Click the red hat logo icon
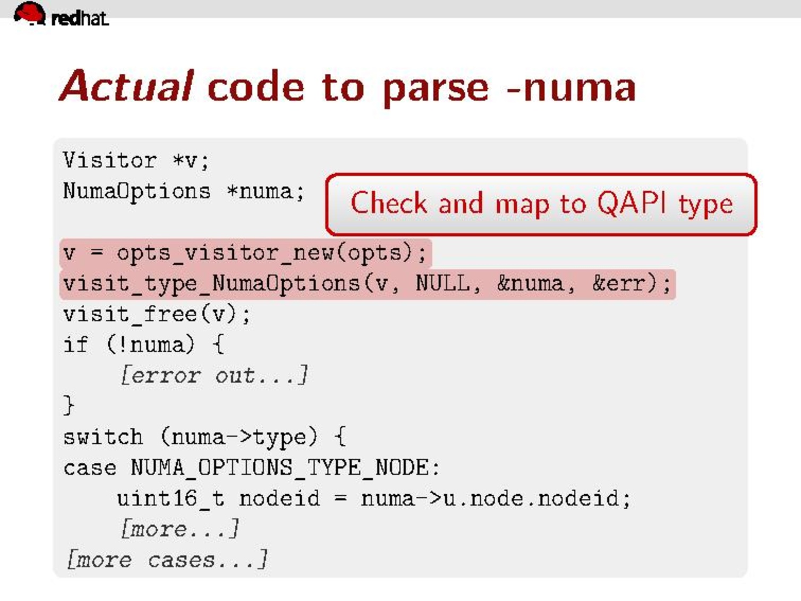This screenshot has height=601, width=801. tap(30, 13)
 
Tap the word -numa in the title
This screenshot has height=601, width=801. tap(572, 88)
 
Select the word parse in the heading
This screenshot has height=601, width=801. tap(436, 89)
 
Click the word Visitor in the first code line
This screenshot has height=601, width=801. tap(110, 160)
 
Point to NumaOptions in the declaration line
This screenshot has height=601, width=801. tap(137, 192)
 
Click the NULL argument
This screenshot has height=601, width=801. tap(442, 283)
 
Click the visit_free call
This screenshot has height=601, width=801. tap(157, 315)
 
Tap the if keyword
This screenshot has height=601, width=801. tap(75, 344)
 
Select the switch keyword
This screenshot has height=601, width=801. tap(103, 437)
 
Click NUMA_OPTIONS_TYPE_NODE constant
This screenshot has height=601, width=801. tap(280, 468)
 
